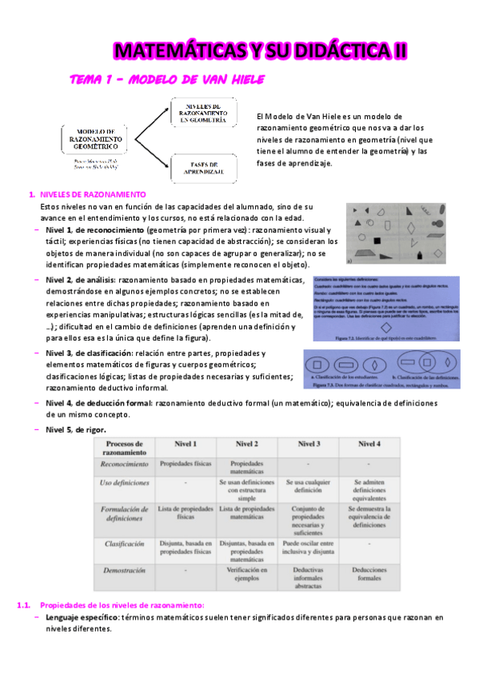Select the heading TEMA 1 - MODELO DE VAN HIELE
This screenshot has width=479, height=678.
167,80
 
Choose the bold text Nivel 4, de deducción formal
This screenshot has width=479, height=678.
99,403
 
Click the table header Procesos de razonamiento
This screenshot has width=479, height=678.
124,448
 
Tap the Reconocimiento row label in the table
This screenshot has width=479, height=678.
124,464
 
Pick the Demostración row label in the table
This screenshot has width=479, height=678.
124,571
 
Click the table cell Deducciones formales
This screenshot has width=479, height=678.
369,575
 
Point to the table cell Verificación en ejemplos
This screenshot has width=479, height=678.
247,575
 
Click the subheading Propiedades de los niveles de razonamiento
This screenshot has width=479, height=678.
122,604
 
